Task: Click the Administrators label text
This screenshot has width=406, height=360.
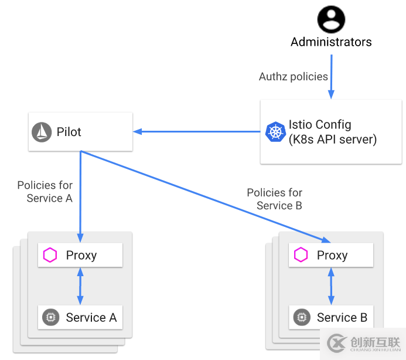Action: pos(331,42)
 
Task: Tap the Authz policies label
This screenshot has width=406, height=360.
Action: pos(294,77)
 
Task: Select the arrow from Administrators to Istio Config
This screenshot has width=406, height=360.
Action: pos(332,76)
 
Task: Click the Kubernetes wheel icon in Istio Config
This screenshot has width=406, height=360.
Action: pos(275,132)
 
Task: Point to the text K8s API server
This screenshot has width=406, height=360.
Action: pos(332,140)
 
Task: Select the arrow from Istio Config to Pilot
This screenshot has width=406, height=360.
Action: pos(197,131)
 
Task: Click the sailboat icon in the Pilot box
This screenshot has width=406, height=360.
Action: pos(42,132)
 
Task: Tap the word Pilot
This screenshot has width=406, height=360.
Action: pos(69,132)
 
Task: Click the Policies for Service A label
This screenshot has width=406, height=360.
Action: pos(46,192)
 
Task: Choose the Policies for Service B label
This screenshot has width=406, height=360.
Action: pos(275,199)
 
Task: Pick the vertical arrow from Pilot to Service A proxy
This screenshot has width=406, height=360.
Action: pos(80,193)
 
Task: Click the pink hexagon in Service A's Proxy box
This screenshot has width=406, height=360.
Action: pos(50,255)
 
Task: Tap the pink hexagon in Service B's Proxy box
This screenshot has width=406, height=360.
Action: pos(301,255)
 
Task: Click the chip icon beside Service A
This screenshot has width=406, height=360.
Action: pos(50,318)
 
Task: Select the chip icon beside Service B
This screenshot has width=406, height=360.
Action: pos(301,318)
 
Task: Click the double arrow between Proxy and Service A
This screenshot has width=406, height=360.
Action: pos(80,286)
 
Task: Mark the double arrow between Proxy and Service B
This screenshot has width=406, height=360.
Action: pos(331,286)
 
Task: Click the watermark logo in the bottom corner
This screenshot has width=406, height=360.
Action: pos(337,342)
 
